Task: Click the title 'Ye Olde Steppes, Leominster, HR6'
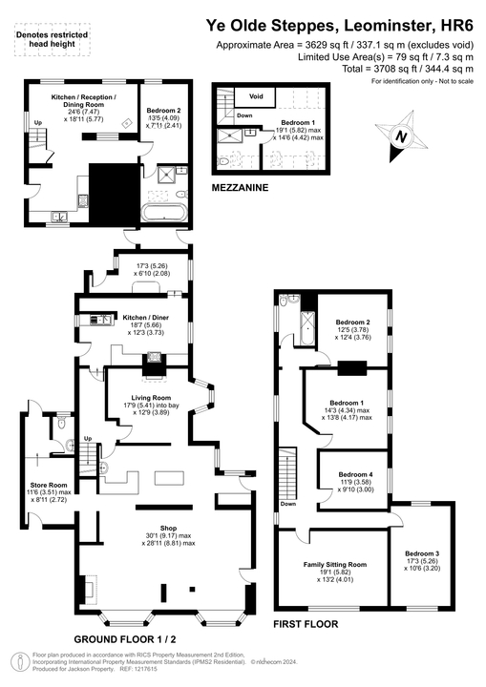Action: click(x=341, y=27)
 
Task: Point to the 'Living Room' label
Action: click(x=151, y=398)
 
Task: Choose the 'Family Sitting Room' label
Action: click(x=335, y=564)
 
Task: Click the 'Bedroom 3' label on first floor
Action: click(x=422, y=553)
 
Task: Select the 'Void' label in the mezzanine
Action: click(x=256, y=96)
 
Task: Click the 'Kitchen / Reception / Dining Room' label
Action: click(x=82, y=102)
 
